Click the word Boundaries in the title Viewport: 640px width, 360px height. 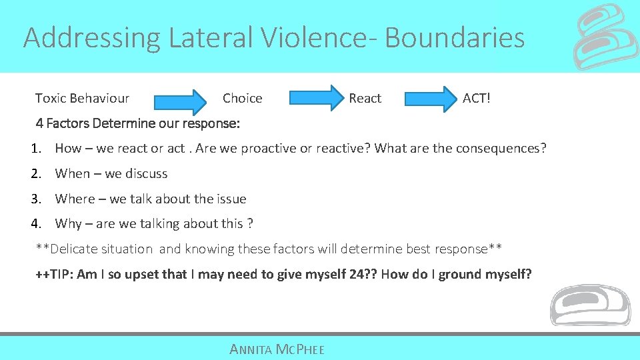(x=455, y=38)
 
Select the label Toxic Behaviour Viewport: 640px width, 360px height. (x=82, y=99)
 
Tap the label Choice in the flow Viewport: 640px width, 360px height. (x=242, y=99)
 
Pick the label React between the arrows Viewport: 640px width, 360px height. (x=365, y=99)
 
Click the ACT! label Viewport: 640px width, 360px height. (x=476, y=99)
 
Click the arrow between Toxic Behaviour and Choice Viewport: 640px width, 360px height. (x=181, y=101)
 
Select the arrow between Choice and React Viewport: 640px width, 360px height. (x=315, y=97)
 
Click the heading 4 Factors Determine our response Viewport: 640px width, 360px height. (x=138, y=123)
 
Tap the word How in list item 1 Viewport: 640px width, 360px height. (x=68, y=148)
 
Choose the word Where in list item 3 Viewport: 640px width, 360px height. (x=75, y=199)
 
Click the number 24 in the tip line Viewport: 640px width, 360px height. (x=356, y=274)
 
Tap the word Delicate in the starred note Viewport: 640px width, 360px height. (x=75, y=249)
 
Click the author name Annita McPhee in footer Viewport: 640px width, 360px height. (x=277, y=349)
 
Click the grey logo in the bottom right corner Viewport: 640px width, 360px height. (x=589, y=305)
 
